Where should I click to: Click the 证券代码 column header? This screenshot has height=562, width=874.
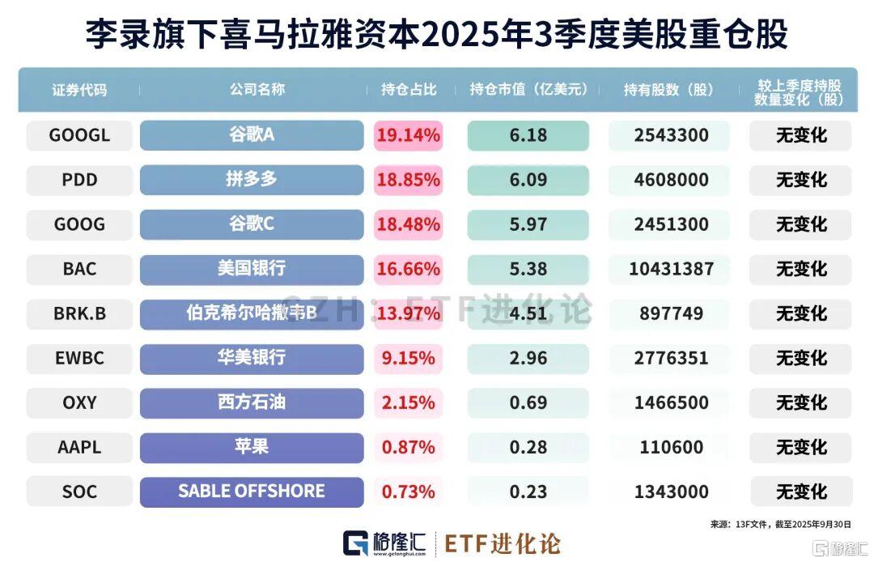click(x=79, y=90)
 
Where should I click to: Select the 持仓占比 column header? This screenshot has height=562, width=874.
click(x=409, y=90)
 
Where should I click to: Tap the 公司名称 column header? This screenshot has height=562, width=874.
click(x=252, y=90)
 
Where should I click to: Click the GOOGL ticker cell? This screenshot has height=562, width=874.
click(x=79, y=135)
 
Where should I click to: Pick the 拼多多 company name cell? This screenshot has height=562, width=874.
click(x=252, y=180)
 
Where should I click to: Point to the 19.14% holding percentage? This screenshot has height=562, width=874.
click(x=409, y=135)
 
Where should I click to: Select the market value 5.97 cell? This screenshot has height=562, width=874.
click(x=528, y=224)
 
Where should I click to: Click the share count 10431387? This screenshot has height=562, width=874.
click(x=671, y=269)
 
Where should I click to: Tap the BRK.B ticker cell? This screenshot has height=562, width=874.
click(x=79, y=313)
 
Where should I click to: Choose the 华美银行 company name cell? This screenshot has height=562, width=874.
click(x=252, y=358)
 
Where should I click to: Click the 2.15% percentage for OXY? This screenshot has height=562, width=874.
click(x=409, y=402)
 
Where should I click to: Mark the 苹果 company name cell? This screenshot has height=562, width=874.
click(x=252, y=447)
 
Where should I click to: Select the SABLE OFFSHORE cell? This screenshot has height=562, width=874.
click(x=252, y=492)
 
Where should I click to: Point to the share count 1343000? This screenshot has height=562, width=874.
click(x=671, y=492)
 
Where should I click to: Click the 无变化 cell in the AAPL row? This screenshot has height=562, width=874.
click(x=801, y=447)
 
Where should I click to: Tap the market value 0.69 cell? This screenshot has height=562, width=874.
click(x=528, y=402)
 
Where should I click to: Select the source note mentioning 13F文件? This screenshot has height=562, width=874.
click(x=780, y=524)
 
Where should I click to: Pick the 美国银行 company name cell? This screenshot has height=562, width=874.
click(x=252, y=269)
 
